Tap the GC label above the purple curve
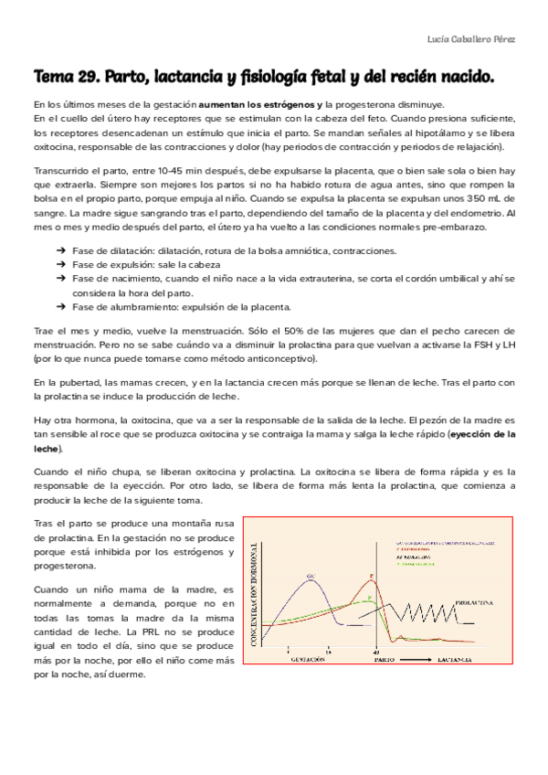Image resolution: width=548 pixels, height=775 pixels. tap(311, 576)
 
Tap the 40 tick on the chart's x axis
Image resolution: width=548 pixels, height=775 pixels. tap(376, 650)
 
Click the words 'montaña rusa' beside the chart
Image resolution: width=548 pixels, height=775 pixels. tap(207, 524)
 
